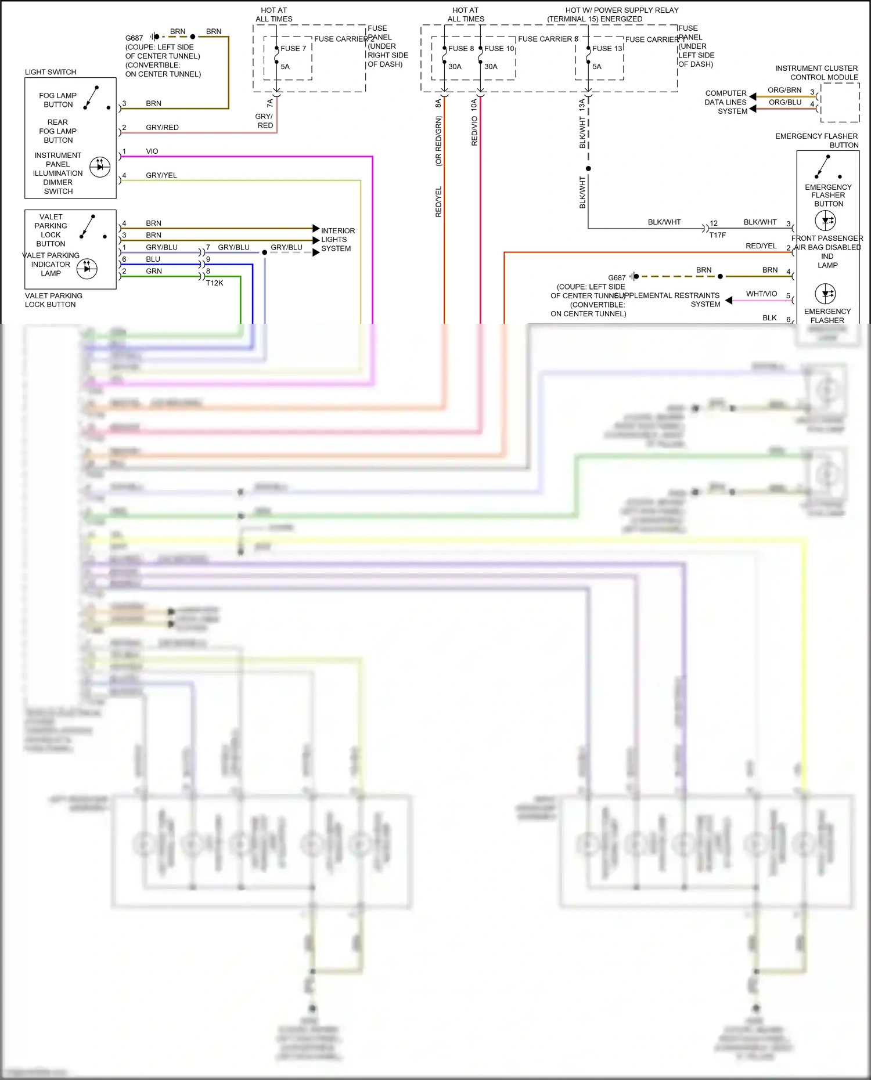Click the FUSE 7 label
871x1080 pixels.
coord(293,49)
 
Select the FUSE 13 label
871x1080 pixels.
coord(607,49)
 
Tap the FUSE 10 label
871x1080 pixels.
coord(499,49)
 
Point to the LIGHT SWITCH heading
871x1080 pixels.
coord(51,72)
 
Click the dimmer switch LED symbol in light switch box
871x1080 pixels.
coord(100,167)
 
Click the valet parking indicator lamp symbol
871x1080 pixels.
coord(87,268)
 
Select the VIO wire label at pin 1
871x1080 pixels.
coord(152,151)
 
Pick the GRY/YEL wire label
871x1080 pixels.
coord(161,175)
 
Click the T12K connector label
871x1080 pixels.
coord(214,283)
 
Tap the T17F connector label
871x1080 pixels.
coord(717,235)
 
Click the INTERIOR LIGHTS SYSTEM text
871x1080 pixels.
coord(337,240)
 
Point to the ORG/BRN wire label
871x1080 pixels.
coord(784,91)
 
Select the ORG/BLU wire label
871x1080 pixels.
coord(785,103)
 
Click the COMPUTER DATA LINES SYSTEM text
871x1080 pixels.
coord(726,102)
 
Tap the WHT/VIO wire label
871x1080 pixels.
coord(761,294)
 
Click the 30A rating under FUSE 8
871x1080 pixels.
coord(455,67)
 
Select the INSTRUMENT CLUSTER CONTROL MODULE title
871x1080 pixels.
coord(817,73)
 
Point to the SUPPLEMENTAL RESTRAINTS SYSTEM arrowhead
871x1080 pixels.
coord(729,301)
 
